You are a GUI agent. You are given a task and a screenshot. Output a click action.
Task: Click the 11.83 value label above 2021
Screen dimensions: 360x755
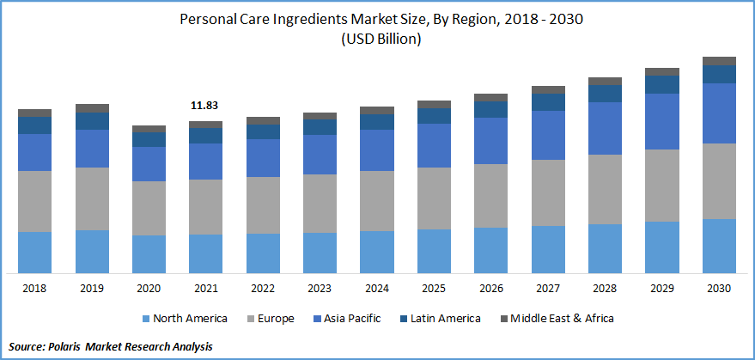(205, 106)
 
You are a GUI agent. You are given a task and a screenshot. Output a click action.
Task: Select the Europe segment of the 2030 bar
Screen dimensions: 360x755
(719, 181)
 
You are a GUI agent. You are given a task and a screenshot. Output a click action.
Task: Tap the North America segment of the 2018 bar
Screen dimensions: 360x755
(35, 252)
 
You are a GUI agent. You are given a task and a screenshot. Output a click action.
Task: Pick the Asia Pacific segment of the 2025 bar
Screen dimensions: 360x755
(434, 145)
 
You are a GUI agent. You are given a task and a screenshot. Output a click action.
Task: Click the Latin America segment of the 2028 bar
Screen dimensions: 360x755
(605, 94)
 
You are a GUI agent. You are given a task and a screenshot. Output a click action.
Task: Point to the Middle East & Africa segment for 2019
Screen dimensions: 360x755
(92, 108)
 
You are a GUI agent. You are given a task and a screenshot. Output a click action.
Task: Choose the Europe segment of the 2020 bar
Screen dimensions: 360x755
(149, 208)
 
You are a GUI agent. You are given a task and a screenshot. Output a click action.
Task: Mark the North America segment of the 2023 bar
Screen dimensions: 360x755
(320, 253)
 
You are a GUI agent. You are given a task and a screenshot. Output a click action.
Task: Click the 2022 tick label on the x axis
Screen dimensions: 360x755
(263, 288)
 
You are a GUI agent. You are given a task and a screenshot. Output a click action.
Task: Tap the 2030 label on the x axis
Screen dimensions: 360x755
(719, 288)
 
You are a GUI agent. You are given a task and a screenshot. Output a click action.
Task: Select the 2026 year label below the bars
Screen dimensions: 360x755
(490, 288)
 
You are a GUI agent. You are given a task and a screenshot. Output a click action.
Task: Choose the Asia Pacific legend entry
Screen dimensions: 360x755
(349, 319)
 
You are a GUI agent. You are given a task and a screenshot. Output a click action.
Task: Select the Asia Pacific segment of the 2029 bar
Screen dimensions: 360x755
(661, 121)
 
